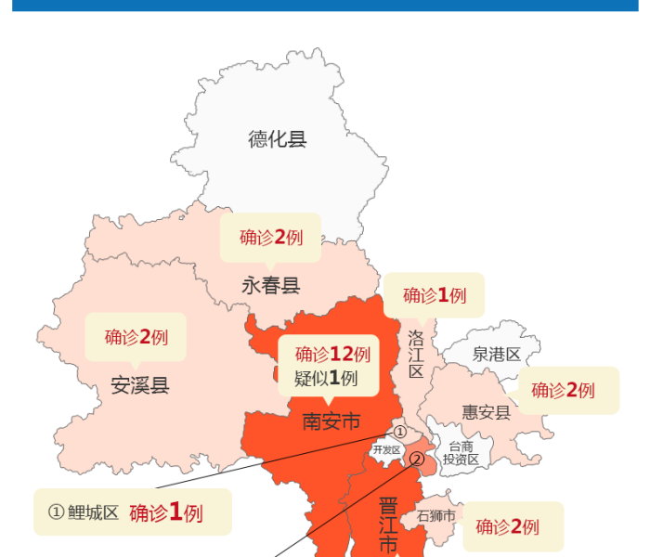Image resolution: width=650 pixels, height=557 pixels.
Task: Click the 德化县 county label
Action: [277, 139]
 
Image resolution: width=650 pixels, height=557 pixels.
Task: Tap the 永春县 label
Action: [271, 285]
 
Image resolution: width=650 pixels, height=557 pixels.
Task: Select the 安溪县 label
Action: [140, 385]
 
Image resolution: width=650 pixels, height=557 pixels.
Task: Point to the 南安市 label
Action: [331, 421]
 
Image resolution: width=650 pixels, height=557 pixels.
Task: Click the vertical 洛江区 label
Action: [416, 354]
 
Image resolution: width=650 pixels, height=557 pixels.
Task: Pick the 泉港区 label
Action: [497, 354]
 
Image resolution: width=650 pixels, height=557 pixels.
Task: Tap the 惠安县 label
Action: [487, 411]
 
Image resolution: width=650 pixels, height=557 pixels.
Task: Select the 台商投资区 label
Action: [461, 452]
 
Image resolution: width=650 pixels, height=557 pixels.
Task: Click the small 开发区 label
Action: [386, 450]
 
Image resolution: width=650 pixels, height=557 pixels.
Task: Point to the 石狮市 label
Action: [435, 515]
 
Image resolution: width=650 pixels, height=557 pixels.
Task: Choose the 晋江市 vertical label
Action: [388, 525]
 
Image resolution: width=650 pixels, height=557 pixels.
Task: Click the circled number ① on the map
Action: [400, 432]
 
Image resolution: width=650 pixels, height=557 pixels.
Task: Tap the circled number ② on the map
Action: [417, 458]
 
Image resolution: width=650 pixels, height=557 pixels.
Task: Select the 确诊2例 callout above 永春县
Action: [271, 237]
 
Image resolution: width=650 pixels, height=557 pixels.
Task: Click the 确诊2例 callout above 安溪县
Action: [136, 336]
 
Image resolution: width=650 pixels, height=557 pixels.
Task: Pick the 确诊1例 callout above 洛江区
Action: [435, 295]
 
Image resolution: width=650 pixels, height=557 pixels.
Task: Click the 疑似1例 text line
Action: [326, 378]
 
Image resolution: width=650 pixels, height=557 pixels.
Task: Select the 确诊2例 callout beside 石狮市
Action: [508, 526]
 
